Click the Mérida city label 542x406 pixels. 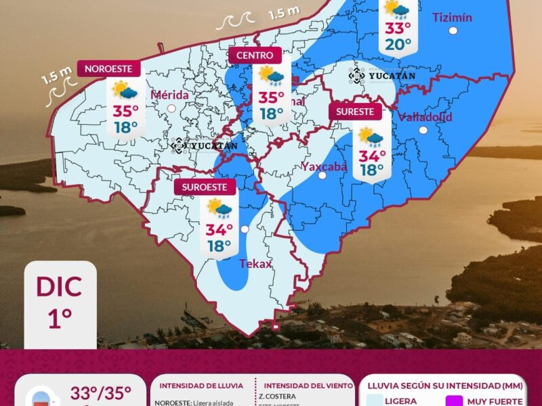coord(170,95)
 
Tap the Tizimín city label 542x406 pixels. coord(452,18)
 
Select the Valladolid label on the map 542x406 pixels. coord(425,116)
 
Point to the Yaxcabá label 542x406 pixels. coord(324,166)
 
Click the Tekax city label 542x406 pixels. coord(255,263)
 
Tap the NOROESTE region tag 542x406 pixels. coord(112,68)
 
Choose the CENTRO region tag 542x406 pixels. coord(255,55)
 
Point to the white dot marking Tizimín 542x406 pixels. coord(453,30)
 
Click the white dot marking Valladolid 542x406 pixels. coord(423,130)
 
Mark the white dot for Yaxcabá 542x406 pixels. coord(322,175)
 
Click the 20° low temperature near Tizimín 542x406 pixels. coord(398,45)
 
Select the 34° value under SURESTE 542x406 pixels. coord(372,156)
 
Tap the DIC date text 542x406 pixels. coord(60,286)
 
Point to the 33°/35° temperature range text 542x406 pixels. coord(100,393)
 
